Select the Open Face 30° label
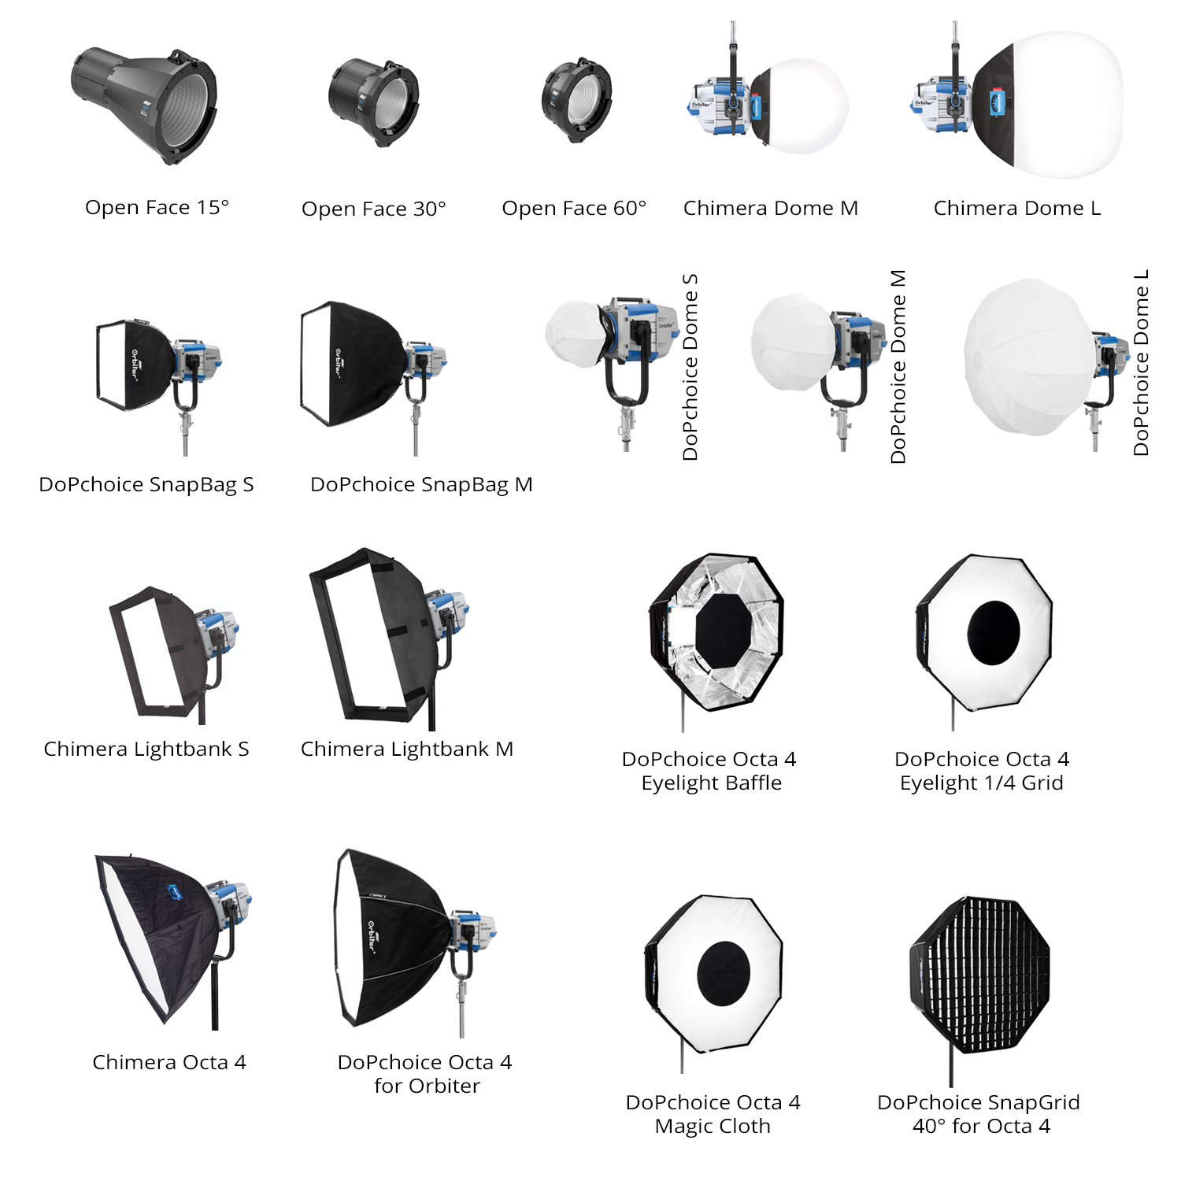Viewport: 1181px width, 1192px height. pyautogui.click(x=373, y=209)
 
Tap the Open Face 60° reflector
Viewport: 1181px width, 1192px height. pyautogui.click(x=577, y=100)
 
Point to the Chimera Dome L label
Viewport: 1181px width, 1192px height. pyautogui.click(x=1016, y=208)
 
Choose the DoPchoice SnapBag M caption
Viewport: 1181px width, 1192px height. pyautogui.click(x=421, y=484)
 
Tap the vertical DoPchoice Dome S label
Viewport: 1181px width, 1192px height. pyautogui.click(x=690, y=367)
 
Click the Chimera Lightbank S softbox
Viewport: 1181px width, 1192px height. pyautogui.click(x=161, y=650)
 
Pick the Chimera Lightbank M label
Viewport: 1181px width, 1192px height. pyautogui.click(x=406, y=749)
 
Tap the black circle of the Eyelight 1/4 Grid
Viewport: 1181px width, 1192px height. pyautogui.click(x=994, y=632)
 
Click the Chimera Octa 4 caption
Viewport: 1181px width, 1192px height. pyautogui.click(x=168, y=1062)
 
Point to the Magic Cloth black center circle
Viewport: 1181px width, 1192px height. pyautogui.click(x=724, y=973)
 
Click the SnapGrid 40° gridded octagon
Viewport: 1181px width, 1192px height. pyautogui.click(x=980, y=972)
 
